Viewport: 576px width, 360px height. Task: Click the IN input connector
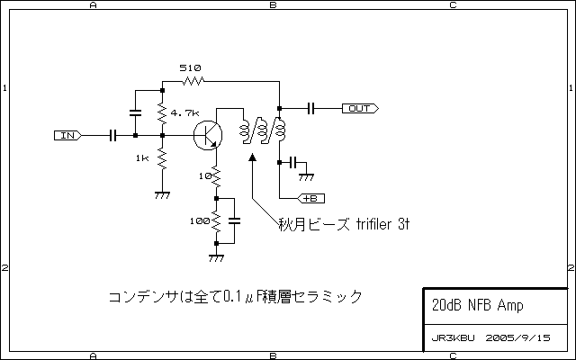(x=68, y=136)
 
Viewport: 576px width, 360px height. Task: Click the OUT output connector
(x=359, y=109)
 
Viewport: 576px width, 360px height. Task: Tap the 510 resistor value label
(x=190, y=68)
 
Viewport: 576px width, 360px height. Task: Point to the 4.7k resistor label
(x=184, y=113)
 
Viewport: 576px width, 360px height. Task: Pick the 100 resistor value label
(x=199, y=220)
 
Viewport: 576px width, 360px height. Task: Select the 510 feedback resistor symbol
(x=193, y=81)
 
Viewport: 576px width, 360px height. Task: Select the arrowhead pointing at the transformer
(x=253, y=158)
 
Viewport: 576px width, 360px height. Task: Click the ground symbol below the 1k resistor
(x=163, y=193)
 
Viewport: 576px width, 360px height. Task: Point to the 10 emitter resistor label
(x=204, y=175)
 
